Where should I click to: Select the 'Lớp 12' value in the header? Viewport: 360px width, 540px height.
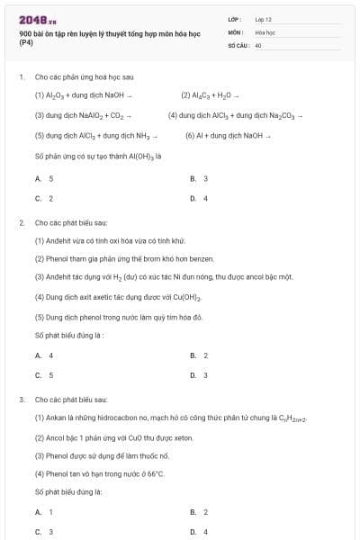263,19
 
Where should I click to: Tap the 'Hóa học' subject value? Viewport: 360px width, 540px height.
265,31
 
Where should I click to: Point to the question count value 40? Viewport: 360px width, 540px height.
258,44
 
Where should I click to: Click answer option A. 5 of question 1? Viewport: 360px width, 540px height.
45,179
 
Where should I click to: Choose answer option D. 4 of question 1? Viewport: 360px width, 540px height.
200,198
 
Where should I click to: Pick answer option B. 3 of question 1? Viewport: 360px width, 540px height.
200,179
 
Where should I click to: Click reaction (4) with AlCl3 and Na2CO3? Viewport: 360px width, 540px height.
235,115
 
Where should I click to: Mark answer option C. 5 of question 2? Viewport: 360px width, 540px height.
45,374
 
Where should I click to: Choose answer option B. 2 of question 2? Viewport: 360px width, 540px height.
200,355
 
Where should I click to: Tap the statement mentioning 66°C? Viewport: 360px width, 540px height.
100,473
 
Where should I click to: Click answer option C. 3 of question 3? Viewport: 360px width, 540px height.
45,532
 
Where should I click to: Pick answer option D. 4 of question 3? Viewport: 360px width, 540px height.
200,532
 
